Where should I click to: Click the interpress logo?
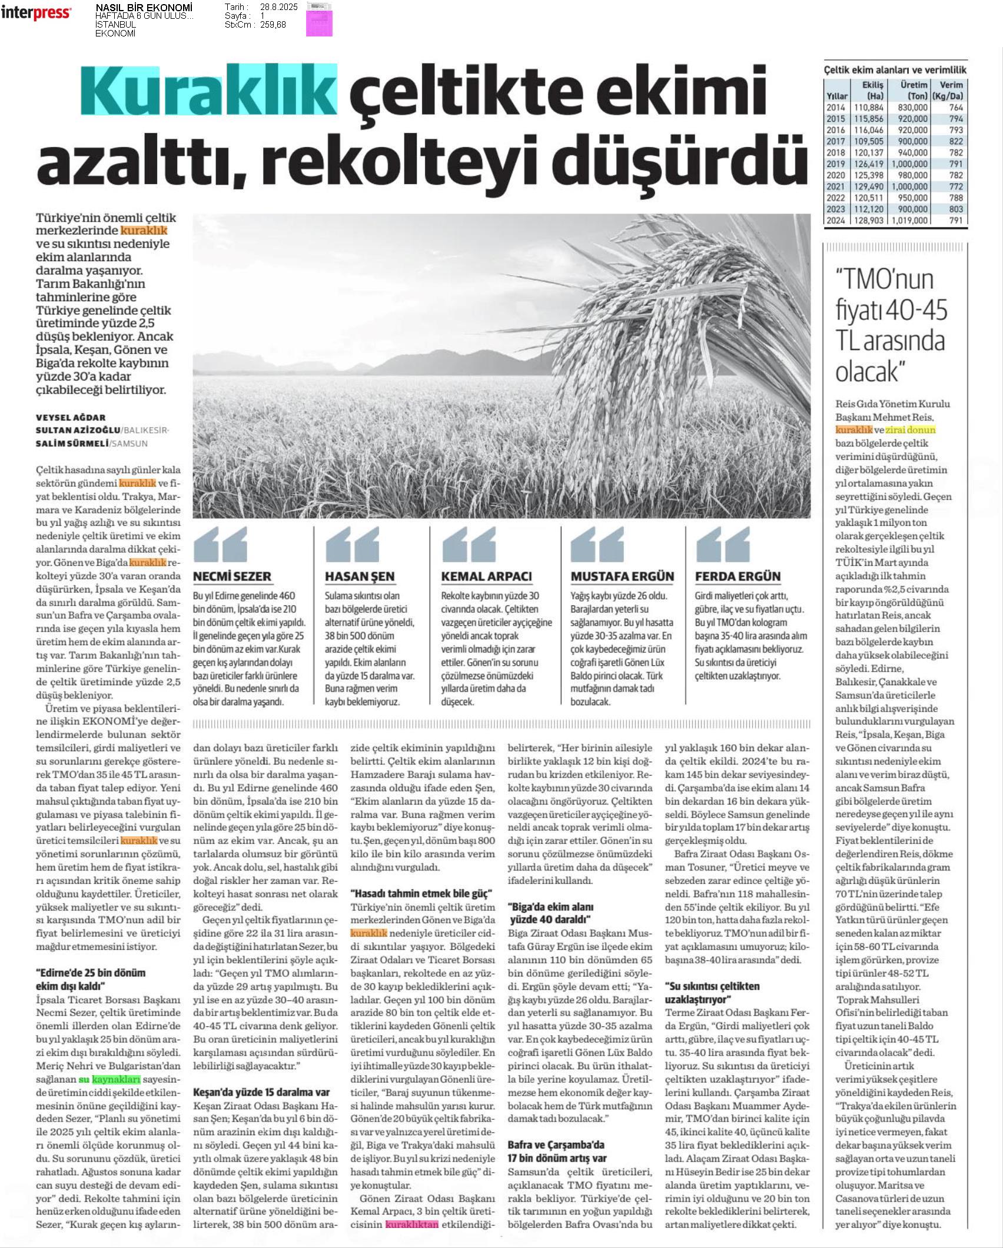(x=36, y=13)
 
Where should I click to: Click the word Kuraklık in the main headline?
(x=209, y=91)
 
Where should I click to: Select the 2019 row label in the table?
(x=835, y=164)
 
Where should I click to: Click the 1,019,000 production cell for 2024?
(x=909, y=221)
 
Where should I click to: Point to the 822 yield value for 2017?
(x=956, y=141)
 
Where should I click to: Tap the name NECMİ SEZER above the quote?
(x=232, y=576)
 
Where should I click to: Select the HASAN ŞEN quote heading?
(x=360, y=576)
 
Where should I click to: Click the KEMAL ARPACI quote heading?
(x=486, y=576)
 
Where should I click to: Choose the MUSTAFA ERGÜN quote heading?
(x=622, y=576)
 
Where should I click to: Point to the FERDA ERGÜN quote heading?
(x=738, y=576)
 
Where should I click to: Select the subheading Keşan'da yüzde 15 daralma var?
(x=261, y=1092)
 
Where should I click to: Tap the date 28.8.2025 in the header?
(x=280, y=7)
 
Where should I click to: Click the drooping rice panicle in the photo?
(x=636, y=329)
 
